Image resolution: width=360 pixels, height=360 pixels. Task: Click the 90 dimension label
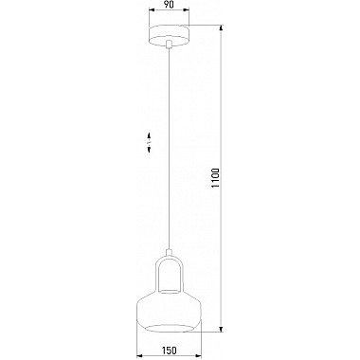tap(170, 5)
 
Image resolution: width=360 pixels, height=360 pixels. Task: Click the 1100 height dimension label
tap(216, 178)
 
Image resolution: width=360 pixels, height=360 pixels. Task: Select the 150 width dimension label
tap(170, 351)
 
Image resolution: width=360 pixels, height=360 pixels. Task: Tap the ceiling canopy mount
tap(169, 35)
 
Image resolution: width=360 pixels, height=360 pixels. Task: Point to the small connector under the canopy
tap(170, 45)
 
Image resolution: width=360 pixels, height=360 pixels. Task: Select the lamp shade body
tap(169, 311)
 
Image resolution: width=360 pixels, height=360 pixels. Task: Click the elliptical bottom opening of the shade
tap(169, 328)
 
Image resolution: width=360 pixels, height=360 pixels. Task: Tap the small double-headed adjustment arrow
tap(149, 143)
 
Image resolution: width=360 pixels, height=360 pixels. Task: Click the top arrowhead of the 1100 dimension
tap(222, 28)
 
